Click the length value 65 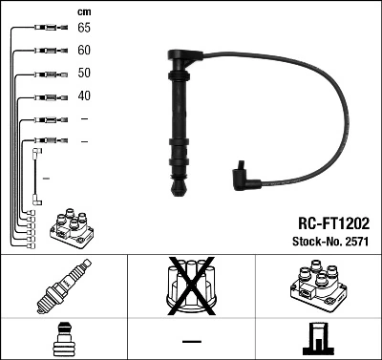click(x=84, y=29)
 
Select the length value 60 click(x=84, y=51)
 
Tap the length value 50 click(x=84, y=74)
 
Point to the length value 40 click(x=84, y=95)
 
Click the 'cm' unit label click(x=84, y=11)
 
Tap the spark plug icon click(x=63, y=287)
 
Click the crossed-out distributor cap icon click(x=190, y=287)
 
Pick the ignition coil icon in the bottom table click(x=317, y=287)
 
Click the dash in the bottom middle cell click(x=191, y=341)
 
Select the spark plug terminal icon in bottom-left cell click(x=63, y=341)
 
